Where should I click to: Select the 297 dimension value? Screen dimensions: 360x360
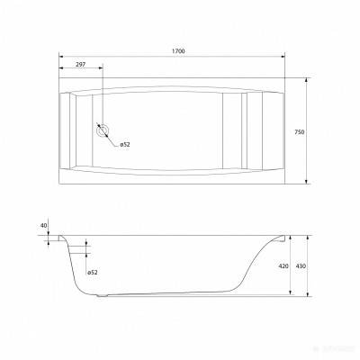pos(81,64)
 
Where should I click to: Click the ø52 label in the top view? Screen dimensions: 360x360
pos(126,146)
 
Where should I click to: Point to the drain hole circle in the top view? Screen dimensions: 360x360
pos(103,128)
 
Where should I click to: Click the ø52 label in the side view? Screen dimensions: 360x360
pos(94,273)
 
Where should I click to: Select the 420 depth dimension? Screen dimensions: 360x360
pos(283,266)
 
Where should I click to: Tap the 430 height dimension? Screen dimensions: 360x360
pos(312,266)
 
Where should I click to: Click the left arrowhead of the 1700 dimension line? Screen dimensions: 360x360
pos(60,57)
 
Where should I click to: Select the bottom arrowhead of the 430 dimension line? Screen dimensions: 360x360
pos(305,296)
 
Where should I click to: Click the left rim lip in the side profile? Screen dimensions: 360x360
pos(61,239)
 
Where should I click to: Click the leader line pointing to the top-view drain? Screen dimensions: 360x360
pos(112,139)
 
